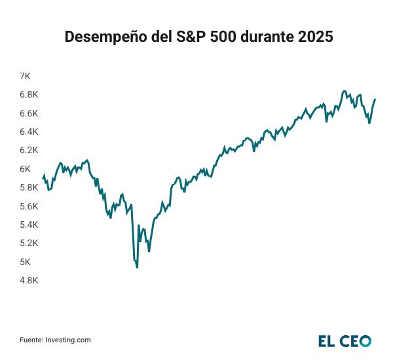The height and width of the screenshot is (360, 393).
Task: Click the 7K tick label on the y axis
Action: point(26,77)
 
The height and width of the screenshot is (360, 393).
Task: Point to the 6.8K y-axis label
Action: point(29,95)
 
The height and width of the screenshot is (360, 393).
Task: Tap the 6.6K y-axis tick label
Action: point(29,113)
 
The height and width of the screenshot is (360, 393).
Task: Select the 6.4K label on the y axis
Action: point(29,132)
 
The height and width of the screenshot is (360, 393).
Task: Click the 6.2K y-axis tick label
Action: point(29,151)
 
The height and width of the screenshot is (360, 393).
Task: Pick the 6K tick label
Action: point(26,169)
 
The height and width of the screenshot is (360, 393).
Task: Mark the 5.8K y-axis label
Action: point(29,188)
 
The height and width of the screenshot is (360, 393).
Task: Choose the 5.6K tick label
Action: point(29,206)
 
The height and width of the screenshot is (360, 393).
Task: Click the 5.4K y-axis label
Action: point(29,225)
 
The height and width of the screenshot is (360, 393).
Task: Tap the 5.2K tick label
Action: point(29,243)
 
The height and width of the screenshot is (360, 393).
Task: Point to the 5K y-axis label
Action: point(26,262)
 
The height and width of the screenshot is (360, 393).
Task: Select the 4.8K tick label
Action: point(29,280)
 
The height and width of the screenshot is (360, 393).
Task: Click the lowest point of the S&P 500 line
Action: point(137,267)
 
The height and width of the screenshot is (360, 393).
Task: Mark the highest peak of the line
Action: point(344,91)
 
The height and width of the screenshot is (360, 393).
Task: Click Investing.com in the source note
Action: point(68,340)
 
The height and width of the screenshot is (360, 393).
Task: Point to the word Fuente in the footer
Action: point(30,340)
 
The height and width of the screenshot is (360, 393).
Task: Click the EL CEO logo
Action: point(345,340)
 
